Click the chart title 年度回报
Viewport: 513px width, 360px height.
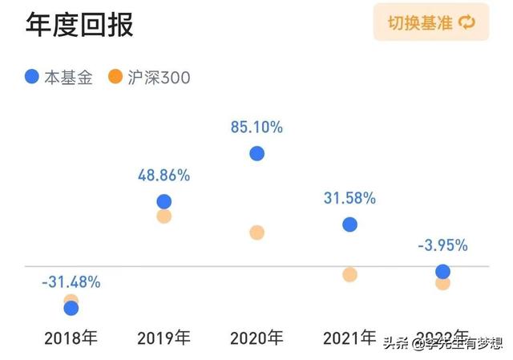pos(79,24)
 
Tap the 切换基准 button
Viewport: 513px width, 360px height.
pos(431,22)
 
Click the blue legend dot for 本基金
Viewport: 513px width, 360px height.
pos(32,77)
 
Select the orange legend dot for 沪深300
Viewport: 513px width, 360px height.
pos(115,77)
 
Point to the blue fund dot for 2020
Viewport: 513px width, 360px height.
pos(256,153)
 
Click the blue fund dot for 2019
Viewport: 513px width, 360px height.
pos(164,202)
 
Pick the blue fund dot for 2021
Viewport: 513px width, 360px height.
pos(349,224)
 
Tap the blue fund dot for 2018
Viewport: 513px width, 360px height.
pos(71,308)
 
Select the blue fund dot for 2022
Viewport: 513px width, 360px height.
pos(442,272)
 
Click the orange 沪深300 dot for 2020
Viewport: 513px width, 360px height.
pos(256,233)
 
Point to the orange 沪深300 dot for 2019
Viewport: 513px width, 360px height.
pos(164,216)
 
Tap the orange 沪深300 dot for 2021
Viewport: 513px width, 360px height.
pos(349,274)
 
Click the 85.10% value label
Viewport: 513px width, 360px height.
pos(256,127)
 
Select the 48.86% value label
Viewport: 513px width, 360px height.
pos(164,175)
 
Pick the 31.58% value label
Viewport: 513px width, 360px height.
pos(349,198)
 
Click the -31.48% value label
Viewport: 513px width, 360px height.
pos(71,281)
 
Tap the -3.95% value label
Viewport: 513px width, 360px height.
pos(442,245)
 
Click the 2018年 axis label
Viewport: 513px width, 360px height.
pos(71,338)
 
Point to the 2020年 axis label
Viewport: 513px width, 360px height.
pos(256,338)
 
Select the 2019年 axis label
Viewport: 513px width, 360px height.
pos(164,338)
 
